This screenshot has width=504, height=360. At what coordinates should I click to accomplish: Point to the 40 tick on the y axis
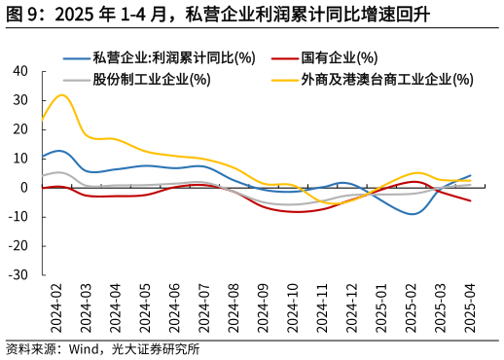20,71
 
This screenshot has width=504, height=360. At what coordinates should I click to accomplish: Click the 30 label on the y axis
20,100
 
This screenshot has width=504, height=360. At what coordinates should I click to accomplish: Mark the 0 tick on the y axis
24,188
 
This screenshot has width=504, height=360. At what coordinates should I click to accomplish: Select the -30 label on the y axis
18,275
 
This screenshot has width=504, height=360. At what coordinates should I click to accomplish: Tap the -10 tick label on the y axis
18,217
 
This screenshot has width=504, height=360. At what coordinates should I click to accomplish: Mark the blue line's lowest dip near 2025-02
414,213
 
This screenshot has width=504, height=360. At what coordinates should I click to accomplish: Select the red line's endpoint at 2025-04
471,200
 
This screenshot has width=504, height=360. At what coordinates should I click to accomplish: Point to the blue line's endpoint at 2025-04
471,175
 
